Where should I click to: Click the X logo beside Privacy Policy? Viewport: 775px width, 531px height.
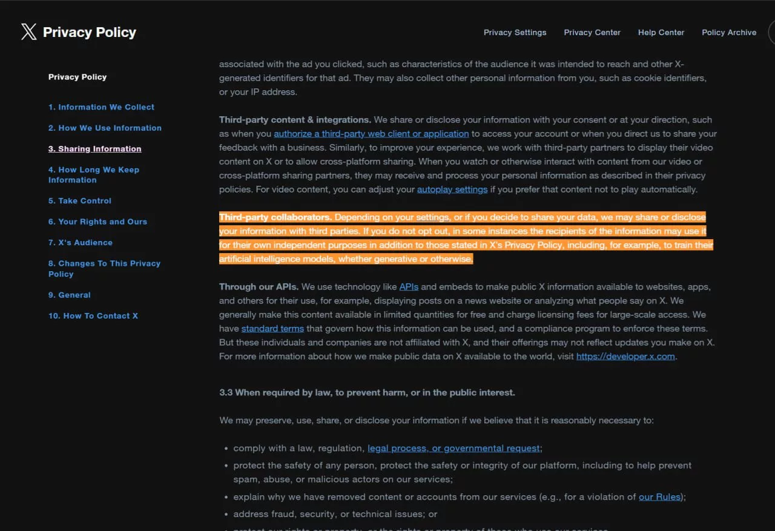[x=28, y=32]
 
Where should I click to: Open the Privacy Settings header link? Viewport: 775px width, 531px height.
[x=515, y=33]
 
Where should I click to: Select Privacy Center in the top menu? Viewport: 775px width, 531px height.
[x=592, y=33]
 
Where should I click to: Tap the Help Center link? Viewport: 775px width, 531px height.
[x=661, y=33]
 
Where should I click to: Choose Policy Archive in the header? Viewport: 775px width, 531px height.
[x=729, y=33]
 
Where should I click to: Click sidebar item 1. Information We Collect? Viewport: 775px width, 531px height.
[x=101, y=107]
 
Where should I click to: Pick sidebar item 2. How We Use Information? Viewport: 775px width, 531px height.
[x=105, y=128]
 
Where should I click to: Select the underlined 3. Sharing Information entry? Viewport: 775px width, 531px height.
[x=94, y=149]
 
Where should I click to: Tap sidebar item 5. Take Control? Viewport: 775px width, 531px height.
[x=80, y=201]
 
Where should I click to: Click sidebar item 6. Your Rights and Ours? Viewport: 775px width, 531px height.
[x=97, y=222]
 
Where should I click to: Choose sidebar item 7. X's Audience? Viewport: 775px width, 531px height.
[x=81, y=243]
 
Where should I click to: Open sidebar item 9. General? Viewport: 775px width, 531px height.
[x=70, y=295]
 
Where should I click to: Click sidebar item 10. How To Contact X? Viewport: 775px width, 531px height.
[x=93, y=316]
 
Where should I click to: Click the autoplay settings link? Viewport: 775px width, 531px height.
[x=452, y=190]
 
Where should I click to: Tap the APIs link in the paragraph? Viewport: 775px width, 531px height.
[x=409, y=287]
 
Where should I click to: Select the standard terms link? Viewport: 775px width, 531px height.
[x=272, y=329]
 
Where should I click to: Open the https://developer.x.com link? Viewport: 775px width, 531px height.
[x=625, y=357]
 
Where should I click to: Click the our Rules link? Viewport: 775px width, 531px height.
[x=659, y=497]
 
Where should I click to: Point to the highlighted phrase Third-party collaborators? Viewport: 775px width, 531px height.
[x=275, y=217]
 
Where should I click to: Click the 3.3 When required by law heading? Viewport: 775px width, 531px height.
[x=367, y=393]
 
